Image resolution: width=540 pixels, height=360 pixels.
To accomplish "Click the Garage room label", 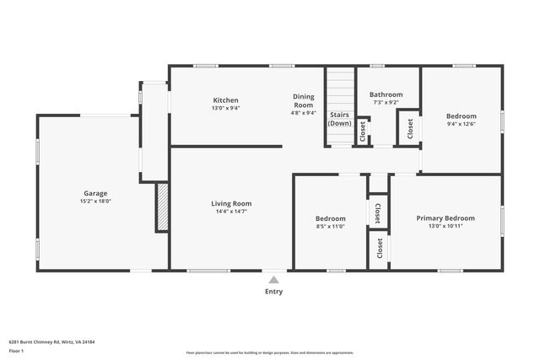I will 95,193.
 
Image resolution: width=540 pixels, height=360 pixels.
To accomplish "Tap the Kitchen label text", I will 225,99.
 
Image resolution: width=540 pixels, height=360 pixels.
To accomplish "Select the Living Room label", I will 230,203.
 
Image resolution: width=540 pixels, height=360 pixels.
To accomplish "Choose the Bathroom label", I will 386,94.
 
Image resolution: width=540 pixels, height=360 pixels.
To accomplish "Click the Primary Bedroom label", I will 445,218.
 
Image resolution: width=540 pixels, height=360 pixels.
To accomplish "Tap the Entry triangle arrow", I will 273,280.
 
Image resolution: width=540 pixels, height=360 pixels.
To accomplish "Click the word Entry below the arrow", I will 273,292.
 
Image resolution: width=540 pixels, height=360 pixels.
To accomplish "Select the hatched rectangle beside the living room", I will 162,207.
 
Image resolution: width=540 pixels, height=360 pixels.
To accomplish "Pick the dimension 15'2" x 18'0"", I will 95,201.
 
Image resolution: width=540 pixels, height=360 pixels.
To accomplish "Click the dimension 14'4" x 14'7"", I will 230,212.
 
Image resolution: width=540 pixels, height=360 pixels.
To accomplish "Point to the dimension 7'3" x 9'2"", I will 386,103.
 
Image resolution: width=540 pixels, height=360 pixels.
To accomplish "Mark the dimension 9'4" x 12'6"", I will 461,124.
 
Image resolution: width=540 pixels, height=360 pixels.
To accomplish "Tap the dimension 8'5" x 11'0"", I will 331,227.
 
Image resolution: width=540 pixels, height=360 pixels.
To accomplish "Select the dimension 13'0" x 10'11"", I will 445,227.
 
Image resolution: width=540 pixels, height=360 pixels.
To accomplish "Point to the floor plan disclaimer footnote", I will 269,352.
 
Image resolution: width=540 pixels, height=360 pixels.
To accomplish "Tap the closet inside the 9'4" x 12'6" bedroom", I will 410,127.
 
